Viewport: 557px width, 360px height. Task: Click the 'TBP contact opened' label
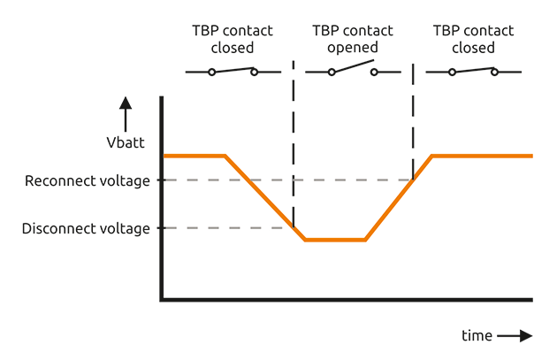(352, 39)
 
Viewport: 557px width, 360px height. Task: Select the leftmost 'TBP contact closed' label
(233, 39)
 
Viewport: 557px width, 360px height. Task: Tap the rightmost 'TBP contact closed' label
(473, 39)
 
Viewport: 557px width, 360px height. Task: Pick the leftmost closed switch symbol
(233, 71)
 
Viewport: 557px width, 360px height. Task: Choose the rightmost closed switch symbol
(473, 71)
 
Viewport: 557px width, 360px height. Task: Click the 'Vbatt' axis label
(126, 142)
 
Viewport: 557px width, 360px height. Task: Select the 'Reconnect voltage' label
(88, 180)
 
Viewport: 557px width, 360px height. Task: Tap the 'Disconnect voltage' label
(86, 228)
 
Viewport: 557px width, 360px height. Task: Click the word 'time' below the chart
(477, 336)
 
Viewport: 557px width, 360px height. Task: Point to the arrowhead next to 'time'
(526, 336)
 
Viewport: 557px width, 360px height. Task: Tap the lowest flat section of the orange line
(335, 240)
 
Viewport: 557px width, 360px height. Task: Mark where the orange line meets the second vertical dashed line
(413, 180)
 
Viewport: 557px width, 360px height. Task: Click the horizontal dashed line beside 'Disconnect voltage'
(225, 228)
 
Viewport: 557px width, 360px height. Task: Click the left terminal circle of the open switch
(332, 72)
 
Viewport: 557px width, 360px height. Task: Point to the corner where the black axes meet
(161, 300)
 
